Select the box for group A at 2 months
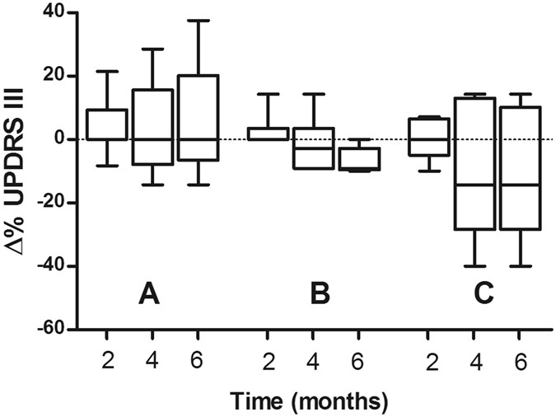(107, 124)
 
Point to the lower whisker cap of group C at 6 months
(521, 266)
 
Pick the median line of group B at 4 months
(313, 148)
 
